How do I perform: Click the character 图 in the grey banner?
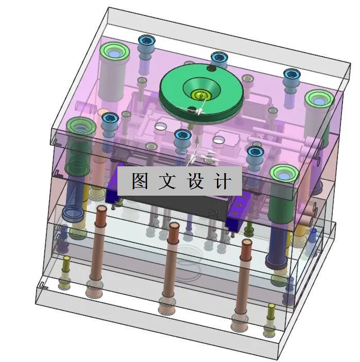pyautogui.click(x=140, y=181)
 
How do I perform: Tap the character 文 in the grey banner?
pyautogui.click(x=167, y=181)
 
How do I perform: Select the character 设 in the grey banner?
pyautogui.click(x=195, y=181)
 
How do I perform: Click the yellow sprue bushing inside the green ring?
pyautogui.click(x=198, y=94)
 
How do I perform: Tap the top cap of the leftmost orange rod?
pyautogui.click(x=101, y=210)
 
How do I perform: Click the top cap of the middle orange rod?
pyautogui.click(x=174, y=227)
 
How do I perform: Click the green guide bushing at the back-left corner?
pyautogui.click(x=114, y=51)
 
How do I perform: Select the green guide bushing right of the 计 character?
pyautogui.click(x=283, y=173)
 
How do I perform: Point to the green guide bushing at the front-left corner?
pyautogui.click(x=80, y=125)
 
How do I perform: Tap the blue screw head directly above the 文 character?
pyautogui.click(x=182, y=136)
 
